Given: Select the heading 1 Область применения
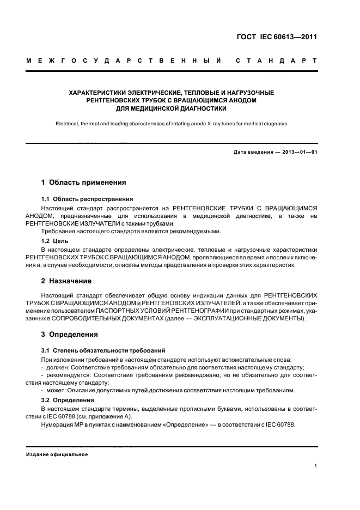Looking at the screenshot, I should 83,183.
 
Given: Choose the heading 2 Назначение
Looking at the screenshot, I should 68,283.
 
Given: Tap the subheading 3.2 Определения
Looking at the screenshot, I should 69,400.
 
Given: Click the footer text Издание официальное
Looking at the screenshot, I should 57,454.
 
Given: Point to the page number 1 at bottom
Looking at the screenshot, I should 315,466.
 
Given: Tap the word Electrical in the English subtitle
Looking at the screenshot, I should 69,124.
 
